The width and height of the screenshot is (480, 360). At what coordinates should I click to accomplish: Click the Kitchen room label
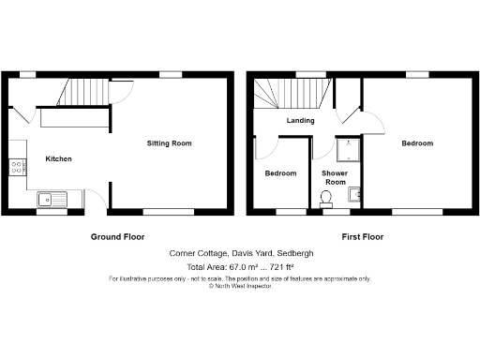58,158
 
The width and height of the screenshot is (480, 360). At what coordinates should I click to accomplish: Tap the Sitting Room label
169,143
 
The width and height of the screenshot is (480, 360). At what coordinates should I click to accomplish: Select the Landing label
300,120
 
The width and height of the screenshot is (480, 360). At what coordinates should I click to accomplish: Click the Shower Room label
336,178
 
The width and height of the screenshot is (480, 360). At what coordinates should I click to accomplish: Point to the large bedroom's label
417,143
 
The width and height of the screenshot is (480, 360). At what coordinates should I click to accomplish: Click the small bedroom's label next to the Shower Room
280,173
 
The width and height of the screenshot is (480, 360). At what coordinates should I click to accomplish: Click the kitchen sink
50,199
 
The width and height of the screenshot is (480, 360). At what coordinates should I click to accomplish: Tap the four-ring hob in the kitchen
17,168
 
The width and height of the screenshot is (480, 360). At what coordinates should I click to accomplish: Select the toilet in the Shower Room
325,198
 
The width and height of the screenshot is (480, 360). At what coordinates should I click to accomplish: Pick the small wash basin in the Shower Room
353,194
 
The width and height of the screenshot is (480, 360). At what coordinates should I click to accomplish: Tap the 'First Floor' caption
362,237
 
